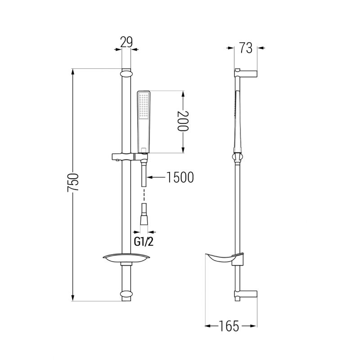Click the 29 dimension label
coord(126,42)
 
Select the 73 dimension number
coord(246,48)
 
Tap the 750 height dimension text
coord(73,183)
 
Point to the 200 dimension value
coord(183,121)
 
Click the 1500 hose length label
coord(180,177)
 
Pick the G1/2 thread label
coord(144,242)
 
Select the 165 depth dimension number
coord(229,326)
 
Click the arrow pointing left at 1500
coord(156,177)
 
